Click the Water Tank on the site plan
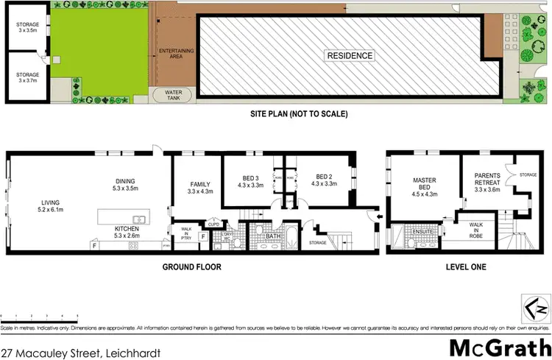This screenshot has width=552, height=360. pos(170,94)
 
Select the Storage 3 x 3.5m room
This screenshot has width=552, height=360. pos(28,28)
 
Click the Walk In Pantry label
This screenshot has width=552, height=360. pos(187,233)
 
